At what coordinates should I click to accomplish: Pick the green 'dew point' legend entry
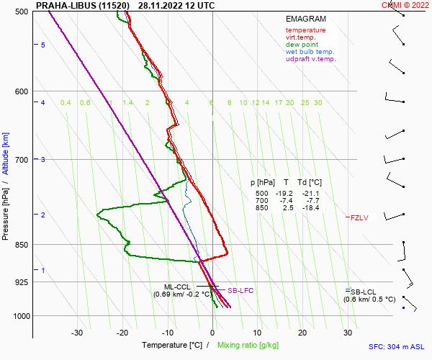tap(302, 45)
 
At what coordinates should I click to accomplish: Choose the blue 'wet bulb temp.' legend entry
tap(310, 52)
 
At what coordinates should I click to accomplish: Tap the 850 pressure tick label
tap(21, 246)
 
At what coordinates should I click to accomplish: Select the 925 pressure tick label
tap(21, 282)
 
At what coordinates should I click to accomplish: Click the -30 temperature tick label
tap(77, 333)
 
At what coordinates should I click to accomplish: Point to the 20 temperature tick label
tap(302, 333)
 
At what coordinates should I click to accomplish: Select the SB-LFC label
tap(240, 291)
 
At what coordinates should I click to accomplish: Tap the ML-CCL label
tap(177, 287)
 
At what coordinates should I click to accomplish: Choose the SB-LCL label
tap(364, 291)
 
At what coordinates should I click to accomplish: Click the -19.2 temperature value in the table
tap(286, 194)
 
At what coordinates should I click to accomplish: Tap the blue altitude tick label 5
tap(42, 45)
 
